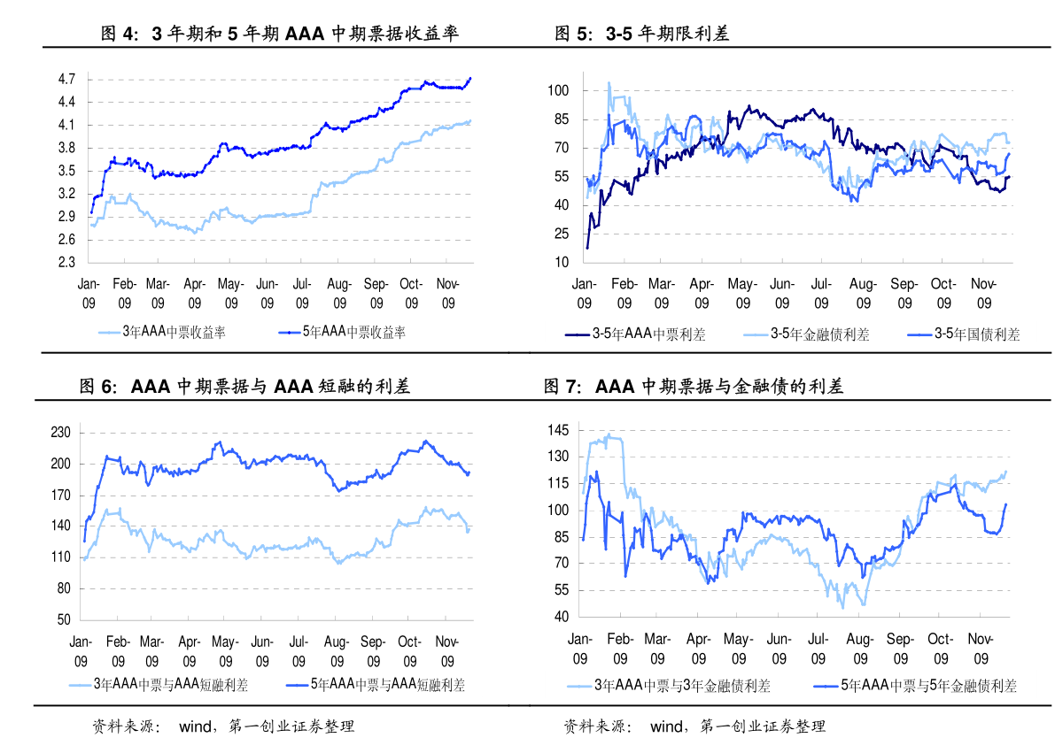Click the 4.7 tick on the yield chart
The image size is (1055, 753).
pyautogui.click(x=66, y=79)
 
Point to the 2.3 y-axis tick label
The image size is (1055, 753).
pyautogui.click(x=66, y=263)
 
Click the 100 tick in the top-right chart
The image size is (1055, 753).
pyautogui.click(x=558, y=90)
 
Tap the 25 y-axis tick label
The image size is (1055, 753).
pyautogui.click(x=562, y=234)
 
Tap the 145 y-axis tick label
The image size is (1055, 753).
pyautogui.click(x=558, y=430)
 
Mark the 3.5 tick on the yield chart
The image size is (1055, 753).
pyautogui.click(x=66, y=171)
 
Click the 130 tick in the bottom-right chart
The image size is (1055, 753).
pyautogui.click(x=558, y=457)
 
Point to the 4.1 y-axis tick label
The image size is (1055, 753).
pyautogui.click(x=66, y=125)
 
